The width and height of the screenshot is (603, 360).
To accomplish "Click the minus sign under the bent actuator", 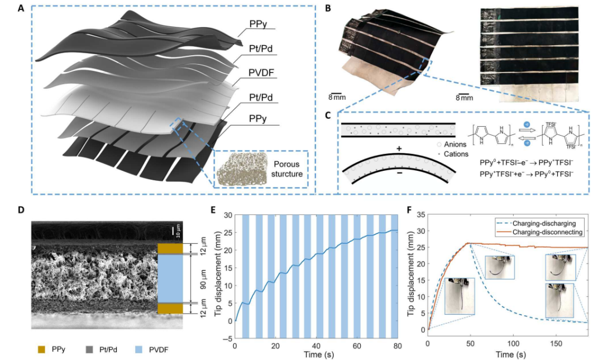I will coord(399,172).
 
